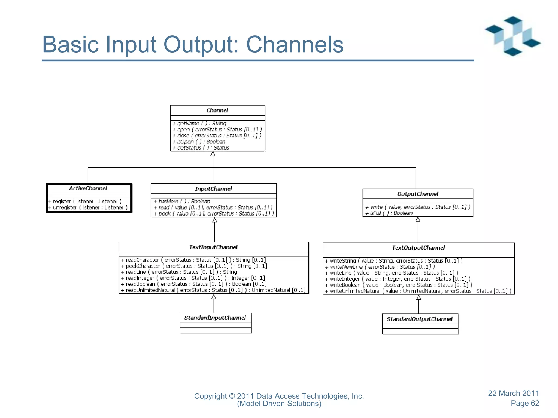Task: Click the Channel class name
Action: point(217,110)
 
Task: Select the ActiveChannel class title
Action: point(88,188)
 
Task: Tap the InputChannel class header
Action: point(213,189)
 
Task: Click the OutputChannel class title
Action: point(417,194)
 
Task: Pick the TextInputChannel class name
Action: point(213,247)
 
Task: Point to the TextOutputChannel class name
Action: point(418,248)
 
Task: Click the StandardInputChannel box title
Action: point(215,318)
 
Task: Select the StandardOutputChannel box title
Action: point(420,319)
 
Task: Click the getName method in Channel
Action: point(199,124)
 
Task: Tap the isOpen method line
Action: point(199,142)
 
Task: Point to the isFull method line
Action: point(389,213)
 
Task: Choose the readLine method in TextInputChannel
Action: point(179,272)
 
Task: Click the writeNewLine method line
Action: point(380,267)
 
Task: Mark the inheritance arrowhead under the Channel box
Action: point(213,154)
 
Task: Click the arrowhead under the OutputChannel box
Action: point(418,219)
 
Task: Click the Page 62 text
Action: point(525,403)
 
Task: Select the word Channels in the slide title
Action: point(295,44)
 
